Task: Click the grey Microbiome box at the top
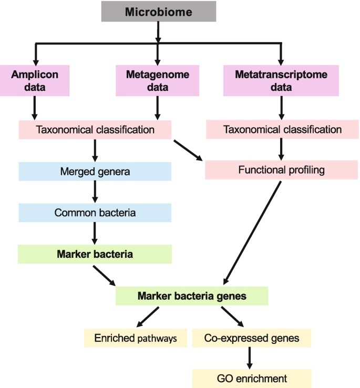(x=158, y=12)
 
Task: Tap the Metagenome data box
(x=158, y=81)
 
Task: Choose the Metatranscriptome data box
(x=282, y=81)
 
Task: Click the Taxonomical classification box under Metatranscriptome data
(x=282, y=129)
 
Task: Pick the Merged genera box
(x=95, y=171)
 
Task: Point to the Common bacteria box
(x=95, y=213)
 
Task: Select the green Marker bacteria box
(x=95, y=254)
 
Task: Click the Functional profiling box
(x=282, y=170)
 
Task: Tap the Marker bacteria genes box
(x=192, y=296)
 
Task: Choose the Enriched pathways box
(x=136, y=338)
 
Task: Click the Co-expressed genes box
(x=252, y=338)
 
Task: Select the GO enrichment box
(x=252, y=378)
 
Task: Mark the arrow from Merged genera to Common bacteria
(x=95, y=192)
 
